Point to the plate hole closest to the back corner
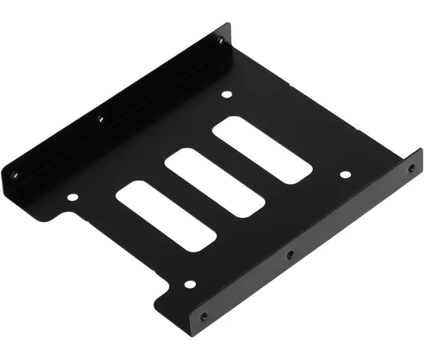(227, 96)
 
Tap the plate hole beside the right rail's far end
(345, 175)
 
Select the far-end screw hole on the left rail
(220, 40)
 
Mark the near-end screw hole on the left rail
(14, 175)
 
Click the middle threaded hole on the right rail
(289, 253)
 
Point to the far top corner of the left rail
(226, 25)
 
